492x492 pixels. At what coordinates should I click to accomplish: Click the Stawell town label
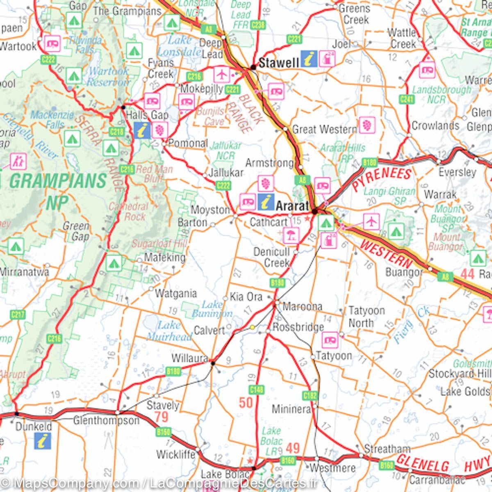pyautogui.click(x=279, y=63)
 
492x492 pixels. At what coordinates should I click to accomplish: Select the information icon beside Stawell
pyautogui.click(x=309, y=59)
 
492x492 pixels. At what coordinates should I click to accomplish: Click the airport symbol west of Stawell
pyautogui.click(x=222, y=75)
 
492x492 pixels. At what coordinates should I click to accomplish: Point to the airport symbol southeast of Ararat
pyautogui.click(x=371, y=222)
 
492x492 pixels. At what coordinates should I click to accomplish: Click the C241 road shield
pyautogui.click(x=406, y=99)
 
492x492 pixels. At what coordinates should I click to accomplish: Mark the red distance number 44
pyautogui.click(x=468, y=273)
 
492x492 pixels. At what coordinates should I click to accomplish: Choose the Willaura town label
pyautogui.click(x=189, y=358)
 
